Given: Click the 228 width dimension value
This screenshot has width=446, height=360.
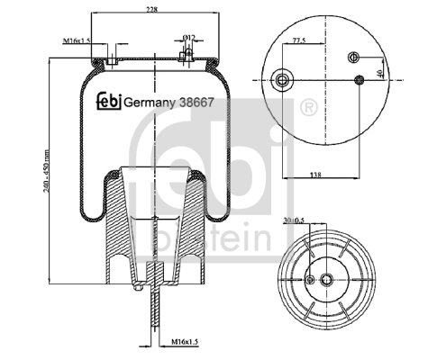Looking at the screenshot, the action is coord(152,9).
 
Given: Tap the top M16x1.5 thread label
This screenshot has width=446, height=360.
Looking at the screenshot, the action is coord(77,40).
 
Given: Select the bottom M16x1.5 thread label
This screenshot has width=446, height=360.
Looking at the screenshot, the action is coord(185,341).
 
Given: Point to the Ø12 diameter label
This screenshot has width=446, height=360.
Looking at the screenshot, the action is coord(189,37).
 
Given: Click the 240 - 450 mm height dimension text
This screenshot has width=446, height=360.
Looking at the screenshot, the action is coord(46,171).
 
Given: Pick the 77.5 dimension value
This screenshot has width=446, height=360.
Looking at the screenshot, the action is coord(298,40).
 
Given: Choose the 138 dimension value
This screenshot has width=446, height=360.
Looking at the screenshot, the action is coord(315,175).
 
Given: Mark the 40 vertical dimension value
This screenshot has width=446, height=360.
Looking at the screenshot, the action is coord(379,73).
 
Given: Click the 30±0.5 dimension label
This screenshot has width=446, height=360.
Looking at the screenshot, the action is coord(293,220).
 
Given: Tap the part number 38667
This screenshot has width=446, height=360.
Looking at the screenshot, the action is coord(196,103).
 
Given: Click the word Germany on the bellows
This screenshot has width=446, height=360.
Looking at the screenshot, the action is coord(150,103).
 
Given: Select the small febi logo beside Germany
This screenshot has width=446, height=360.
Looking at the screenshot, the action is coord(109,101).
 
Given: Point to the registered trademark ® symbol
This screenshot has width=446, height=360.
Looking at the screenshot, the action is coord(308,108).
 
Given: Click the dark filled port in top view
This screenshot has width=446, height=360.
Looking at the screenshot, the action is coord(360,80).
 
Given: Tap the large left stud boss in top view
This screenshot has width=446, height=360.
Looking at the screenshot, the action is coord(282,80).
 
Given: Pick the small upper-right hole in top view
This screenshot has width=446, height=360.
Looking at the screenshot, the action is coord(354,57).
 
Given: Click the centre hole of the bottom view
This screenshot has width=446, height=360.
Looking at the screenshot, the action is coord(326,280).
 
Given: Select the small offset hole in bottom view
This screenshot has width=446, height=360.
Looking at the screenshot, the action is coord(311,280).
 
